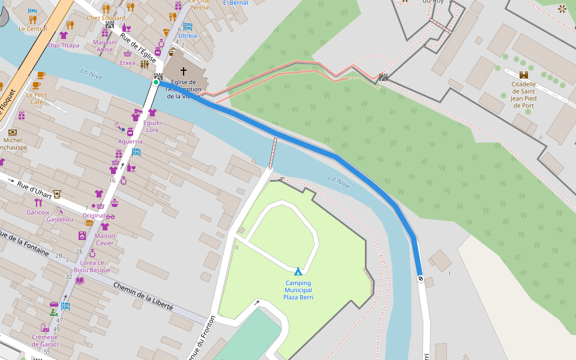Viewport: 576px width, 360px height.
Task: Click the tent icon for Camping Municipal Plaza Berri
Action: pos(298,272)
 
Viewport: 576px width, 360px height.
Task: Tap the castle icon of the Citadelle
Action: pos(523,75)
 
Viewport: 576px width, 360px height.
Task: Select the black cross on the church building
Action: pos(184,71)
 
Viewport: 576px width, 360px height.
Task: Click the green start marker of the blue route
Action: pos(155,82)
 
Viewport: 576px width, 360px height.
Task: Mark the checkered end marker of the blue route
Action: pos(421,278)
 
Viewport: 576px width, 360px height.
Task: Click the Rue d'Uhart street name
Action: pos(35,188)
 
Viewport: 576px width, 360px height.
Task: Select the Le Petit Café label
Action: pos(37,98)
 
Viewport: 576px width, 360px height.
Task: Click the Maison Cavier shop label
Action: pos(104,239)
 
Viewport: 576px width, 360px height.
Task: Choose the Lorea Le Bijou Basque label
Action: pos(92,266)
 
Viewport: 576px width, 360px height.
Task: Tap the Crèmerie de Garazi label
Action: pos(45,340)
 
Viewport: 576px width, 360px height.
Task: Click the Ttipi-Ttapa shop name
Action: pos(64,46)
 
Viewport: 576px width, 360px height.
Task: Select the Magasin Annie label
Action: pos(105,46)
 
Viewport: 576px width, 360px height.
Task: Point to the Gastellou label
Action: pos(59,220)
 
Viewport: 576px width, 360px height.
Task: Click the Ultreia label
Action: pos(187,36)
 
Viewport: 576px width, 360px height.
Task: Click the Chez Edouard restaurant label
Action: pos(106,18)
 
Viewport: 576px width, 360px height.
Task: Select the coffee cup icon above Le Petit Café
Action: pos(40,76)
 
